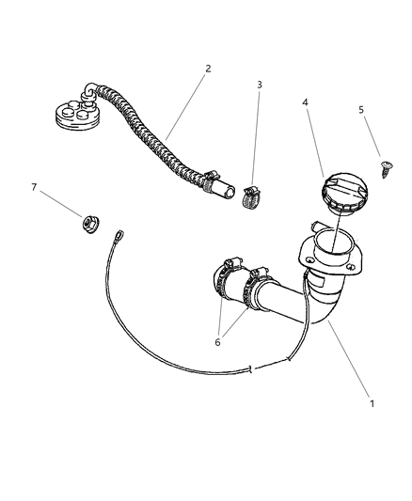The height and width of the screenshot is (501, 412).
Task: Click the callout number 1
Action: point(372,403)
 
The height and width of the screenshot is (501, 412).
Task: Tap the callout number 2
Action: point(208,69)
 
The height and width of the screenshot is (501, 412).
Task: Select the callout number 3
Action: point(260,86)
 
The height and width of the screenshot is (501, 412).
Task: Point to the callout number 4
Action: point(305,103)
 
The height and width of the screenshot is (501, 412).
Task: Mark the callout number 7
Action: point(35,187)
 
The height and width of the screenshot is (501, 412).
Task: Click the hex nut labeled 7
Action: point(88,223)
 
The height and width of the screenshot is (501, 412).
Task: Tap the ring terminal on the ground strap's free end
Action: point(120,238)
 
